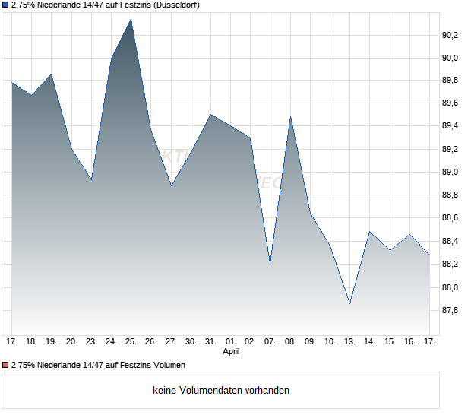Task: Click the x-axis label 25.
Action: click(x=131, y=342)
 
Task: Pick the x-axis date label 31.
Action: click(x=210, y=342)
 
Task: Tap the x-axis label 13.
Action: click(x=349, y=342)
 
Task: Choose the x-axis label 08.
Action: click(x=290, y=342)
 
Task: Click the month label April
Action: click(x=231, y=352)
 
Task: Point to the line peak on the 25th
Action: click(x=131, y=19)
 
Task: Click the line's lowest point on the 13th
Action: click(x=349, y=303)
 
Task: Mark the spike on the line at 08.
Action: click(x=290, y=117)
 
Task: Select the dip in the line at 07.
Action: click(x=270, y=263)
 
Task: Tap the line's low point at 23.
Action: click(x=91, y=180)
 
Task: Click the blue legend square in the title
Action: click(x=5, y=5)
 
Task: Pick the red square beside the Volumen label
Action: click(x=5, y=366)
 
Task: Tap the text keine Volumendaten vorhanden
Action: click(x=221, y=391)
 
